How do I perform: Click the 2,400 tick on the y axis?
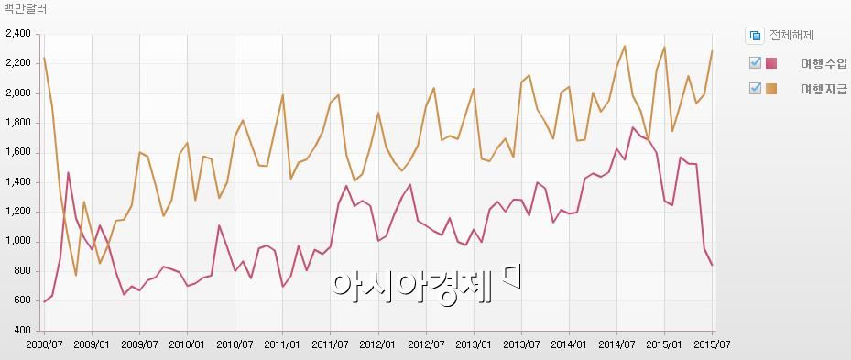coord(18,34)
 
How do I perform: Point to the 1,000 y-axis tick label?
coord(18,241)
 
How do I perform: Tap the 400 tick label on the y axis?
coord(23,330)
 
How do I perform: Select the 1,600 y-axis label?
coord(18,152)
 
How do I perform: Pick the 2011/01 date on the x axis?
coord(282,344)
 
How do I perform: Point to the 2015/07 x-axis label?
coord(711,344)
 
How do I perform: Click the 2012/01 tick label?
coord(377,344)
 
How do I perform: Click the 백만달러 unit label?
coord(25,9)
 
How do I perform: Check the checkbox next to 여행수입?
coord(755,62)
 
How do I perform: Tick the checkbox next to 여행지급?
coord(755,88)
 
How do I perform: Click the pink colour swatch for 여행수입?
coord(771,62)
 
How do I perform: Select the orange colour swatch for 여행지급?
coord(771,88)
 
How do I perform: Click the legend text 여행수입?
coord(823,62)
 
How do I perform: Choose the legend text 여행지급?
coord(823,89)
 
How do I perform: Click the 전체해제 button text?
coord(791,36)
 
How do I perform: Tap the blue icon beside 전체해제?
coord(756,36)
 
